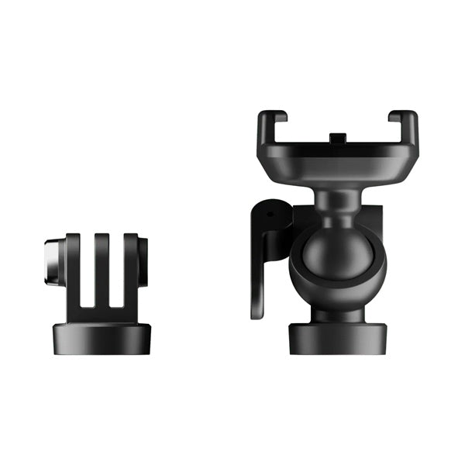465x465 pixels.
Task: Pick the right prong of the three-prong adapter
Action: pos(130,267)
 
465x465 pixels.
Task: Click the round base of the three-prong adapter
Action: pos(102,337)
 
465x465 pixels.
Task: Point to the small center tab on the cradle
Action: pos(336,138)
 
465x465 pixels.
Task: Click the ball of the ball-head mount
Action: pos(331,255)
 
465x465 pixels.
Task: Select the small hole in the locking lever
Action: pos(270,210)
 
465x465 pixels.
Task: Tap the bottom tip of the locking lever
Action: pos(257,310)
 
